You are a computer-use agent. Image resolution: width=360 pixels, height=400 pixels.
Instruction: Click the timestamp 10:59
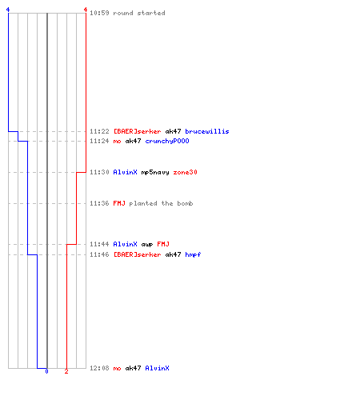tap(99, 13)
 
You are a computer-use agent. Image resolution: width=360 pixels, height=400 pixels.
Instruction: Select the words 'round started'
tap(139, 13)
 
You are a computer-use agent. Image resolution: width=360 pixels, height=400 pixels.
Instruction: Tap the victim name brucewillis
tap(207, 131)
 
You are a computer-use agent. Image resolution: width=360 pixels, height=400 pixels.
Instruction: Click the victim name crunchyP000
tap(167, 141)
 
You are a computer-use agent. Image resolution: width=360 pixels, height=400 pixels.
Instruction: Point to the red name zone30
tap(185, 172)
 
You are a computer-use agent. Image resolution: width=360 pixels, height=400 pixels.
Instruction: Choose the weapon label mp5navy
tap(155, 172)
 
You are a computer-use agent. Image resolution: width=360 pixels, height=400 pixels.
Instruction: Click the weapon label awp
tap(147, 244)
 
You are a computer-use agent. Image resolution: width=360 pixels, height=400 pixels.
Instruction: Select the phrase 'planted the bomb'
tap(161, 203)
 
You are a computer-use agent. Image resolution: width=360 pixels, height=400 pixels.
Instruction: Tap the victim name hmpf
tap(193, 254)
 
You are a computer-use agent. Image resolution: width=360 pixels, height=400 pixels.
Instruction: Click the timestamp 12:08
tap(99, 368)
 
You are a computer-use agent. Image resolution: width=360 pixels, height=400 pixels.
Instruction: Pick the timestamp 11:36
tap(99, 203)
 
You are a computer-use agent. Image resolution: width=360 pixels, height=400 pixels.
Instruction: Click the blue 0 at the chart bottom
tap(46, 371)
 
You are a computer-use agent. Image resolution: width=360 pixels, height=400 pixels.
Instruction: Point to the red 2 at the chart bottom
tap(66, 371)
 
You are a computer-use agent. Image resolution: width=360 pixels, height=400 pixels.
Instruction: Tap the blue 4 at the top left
tap(8, 10)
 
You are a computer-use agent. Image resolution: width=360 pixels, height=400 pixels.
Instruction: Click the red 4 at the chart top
tap(86, 10)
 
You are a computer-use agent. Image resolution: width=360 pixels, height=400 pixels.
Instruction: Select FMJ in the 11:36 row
tap(119, 203)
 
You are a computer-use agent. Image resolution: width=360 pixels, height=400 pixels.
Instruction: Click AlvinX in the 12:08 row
tap(157, 368)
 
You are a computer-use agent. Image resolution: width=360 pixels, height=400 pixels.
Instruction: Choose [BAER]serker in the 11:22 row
tap(137, 131)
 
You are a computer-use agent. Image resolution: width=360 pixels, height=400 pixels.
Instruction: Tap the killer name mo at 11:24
tap(117, 141)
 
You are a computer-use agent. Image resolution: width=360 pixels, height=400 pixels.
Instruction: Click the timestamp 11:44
tap(99, 244)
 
